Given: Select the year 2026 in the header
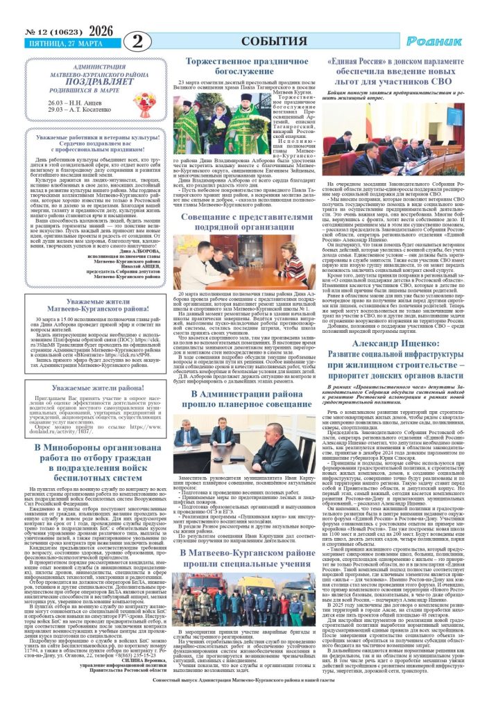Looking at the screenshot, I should (101, 30).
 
